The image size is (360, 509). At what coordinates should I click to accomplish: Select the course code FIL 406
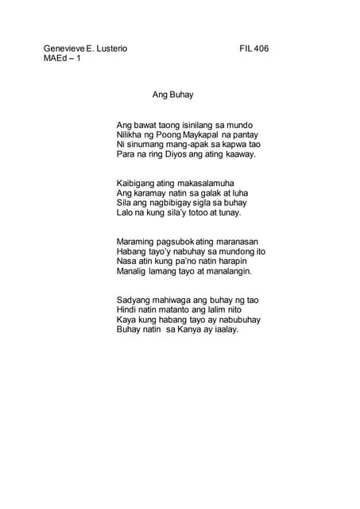254,49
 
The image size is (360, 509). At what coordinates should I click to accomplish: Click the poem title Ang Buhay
172,94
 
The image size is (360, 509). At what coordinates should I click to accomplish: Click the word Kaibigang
137,184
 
